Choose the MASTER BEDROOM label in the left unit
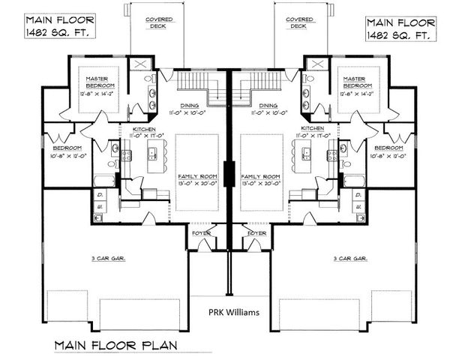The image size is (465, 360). coord(99,82)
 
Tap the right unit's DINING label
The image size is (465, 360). coord(266,106)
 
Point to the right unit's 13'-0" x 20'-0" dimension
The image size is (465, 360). coord(260,182)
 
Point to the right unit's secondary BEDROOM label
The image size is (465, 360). coord(388,148)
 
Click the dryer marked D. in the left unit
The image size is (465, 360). coord(100,193)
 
